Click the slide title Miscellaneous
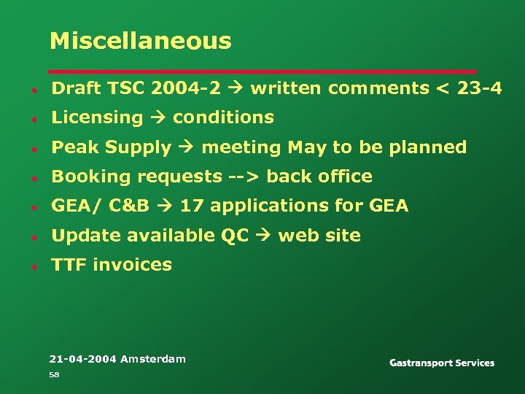(140, 41)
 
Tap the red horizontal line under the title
(262, 72)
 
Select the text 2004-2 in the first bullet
(185, 88)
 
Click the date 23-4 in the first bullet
(478, 88)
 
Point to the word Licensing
(97, 117)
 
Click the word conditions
(223, 117)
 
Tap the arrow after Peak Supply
(186, 147)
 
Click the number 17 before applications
(192, 206)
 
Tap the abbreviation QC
(235, 236)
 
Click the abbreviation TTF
(69, 265)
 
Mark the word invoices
(131, 265)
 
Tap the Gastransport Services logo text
(442, 363)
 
